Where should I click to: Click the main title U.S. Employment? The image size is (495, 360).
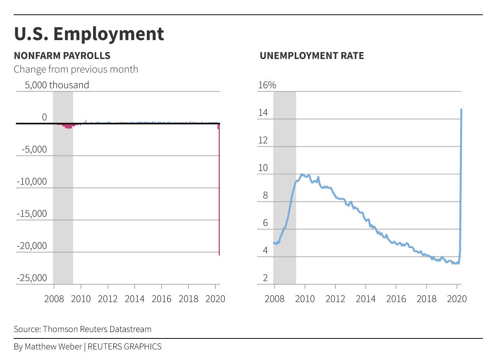89,34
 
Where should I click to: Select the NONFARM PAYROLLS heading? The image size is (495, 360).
62,56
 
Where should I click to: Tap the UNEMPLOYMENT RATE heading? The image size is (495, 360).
312,56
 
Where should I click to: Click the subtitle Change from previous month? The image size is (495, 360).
76,70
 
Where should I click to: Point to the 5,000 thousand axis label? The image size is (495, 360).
57,85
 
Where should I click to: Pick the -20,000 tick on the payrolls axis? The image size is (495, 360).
32,246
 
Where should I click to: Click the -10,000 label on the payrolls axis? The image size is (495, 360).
32,182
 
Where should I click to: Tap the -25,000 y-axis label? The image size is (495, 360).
32,278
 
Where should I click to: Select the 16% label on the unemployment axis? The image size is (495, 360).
267,85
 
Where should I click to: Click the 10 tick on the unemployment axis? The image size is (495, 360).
263,168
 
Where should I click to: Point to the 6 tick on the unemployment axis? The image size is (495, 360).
265,223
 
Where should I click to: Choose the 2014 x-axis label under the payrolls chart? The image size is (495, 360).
135,299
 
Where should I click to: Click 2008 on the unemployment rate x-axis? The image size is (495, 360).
274,299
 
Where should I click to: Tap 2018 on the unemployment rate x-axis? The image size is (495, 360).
427,299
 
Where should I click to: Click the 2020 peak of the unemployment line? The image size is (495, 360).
461,110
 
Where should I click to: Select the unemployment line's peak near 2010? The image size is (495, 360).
302,174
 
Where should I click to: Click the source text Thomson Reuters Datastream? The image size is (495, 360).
97,329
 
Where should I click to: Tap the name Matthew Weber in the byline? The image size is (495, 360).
53,346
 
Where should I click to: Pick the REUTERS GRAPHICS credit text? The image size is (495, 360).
125,346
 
